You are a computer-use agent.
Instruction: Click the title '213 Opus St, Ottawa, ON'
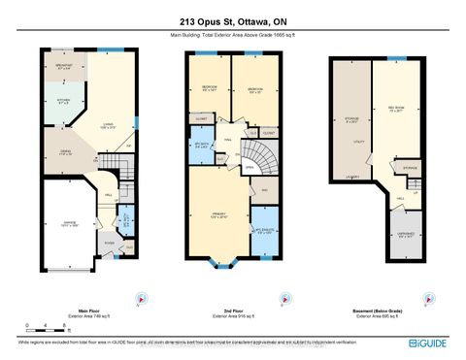(x=233, y=22)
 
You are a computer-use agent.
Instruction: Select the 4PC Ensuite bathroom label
(x=264, y=232)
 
